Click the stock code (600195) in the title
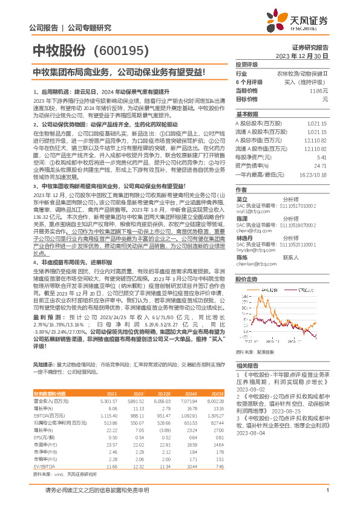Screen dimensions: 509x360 tap(121, 50)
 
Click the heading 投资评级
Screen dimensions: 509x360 tap(246, 63)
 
